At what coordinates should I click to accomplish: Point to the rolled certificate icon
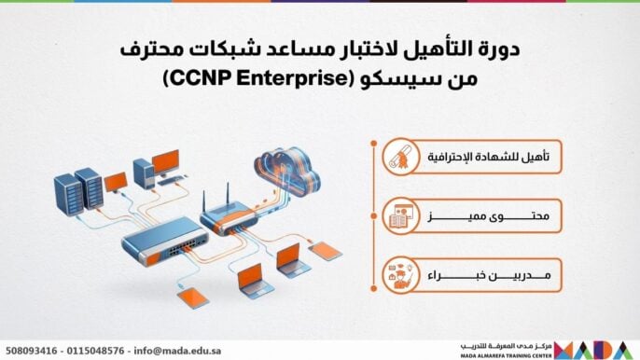click(400, 158)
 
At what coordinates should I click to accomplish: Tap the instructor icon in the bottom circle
click(400, 276)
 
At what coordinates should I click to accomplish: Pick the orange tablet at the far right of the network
click(326, 249)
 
